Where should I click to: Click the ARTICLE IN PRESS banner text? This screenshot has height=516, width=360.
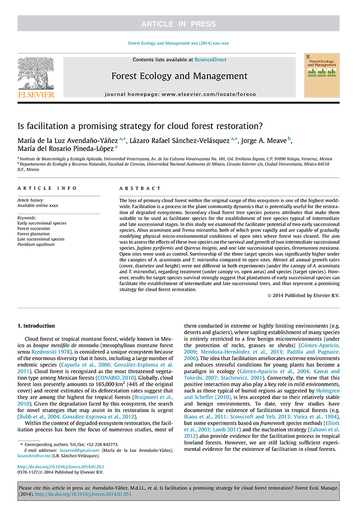[x=179, y=24]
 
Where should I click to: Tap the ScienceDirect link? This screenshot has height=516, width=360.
[x=210, y=59]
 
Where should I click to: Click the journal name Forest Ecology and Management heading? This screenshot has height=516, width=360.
[x=179, y=77]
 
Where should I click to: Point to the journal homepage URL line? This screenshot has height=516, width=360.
[x=179, y=94]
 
